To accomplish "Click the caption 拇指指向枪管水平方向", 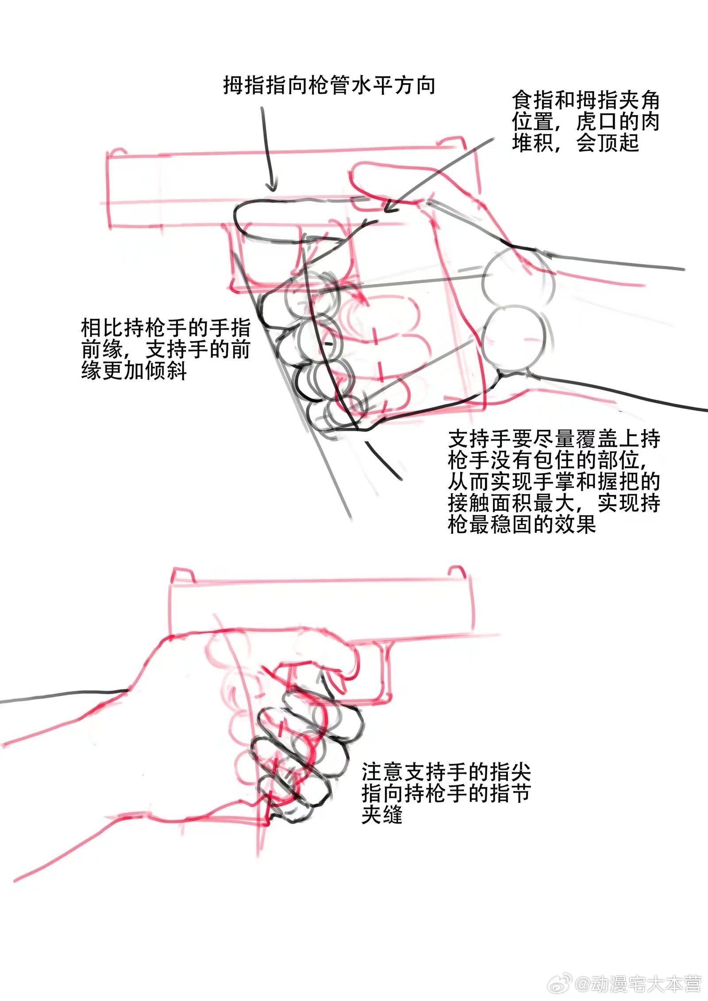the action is click(x=329, y=85).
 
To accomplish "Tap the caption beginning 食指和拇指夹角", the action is click(x=585, y=122).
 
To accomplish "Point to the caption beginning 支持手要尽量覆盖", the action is click(x=554, y=481).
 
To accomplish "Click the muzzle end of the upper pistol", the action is click(x=108, y=190).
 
